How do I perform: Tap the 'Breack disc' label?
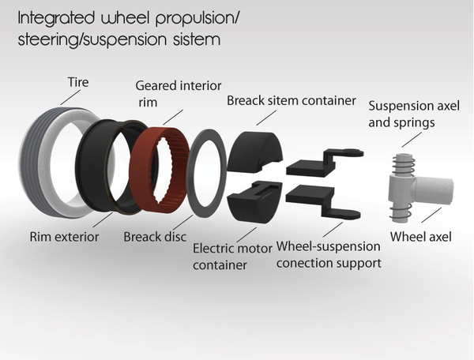pyautogui.click(x=153, y=235)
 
